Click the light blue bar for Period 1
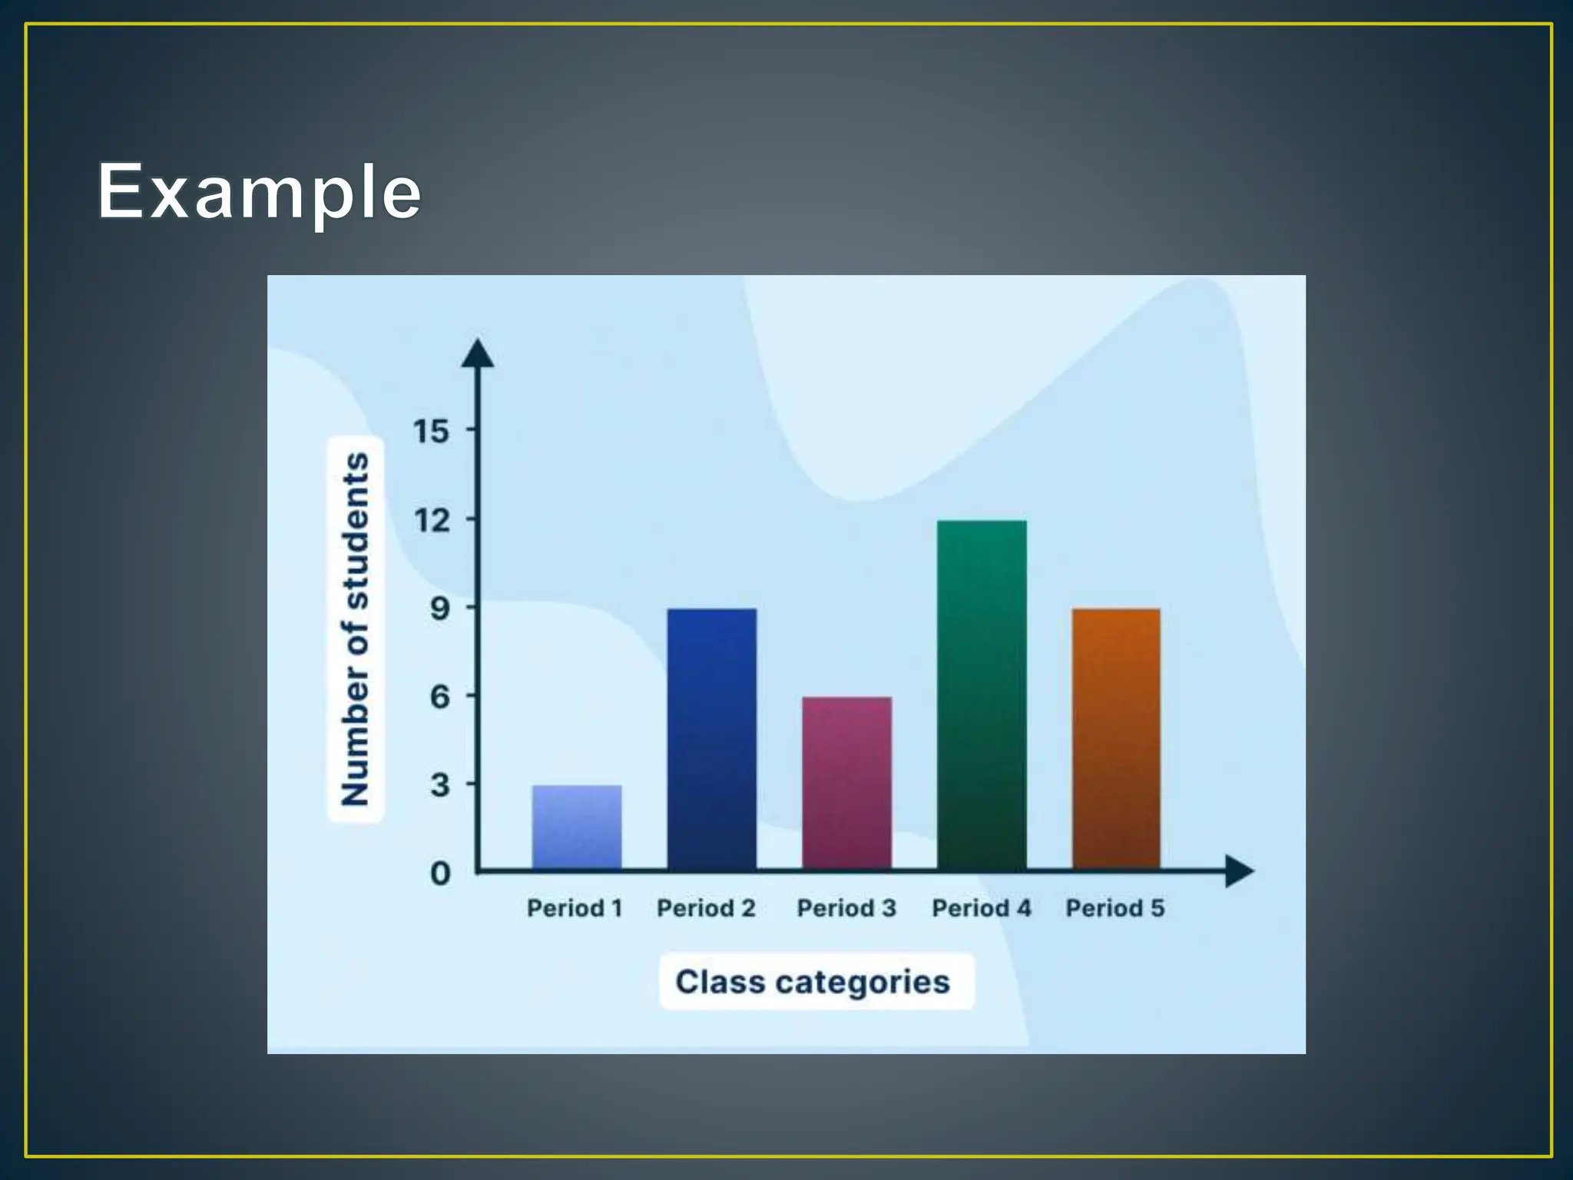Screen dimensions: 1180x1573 pos(577,827)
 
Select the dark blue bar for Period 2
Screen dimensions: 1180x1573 pos(712,738)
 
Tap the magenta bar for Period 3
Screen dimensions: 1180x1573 pos(847,783)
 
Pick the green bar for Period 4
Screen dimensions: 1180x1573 pos(982,694)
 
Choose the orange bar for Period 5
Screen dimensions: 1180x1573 pos(1116,738)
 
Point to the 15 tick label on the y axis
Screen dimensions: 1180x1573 pos(431,431)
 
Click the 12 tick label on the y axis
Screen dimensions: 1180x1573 pos(432,520)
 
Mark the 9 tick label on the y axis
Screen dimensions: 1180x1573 pos(440,608)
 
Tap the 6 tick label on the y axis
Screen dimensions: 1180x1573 pos(440,697)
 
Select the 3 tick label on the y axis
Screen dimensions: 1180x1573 pos(440,785)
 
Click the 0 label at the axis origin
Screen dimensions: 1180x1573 pos(440,873)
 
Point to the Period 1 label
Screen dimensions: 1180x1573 pos(575,908)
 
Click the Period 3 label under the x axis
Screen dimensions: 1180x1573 pos(846,908)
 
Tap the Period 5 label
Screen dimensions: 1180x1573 pos(1115,908)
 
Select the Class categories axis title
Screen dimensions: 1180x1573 pos(813,982)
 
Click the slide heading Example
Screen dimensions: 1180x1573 pos(259,191)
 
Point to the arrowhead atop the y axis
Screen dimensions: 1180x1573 pos(478,353)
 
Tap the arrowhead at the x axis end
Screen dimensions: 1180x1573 pos(1238,871)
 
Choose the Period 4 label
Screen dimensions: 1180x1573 pos(982,908)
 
